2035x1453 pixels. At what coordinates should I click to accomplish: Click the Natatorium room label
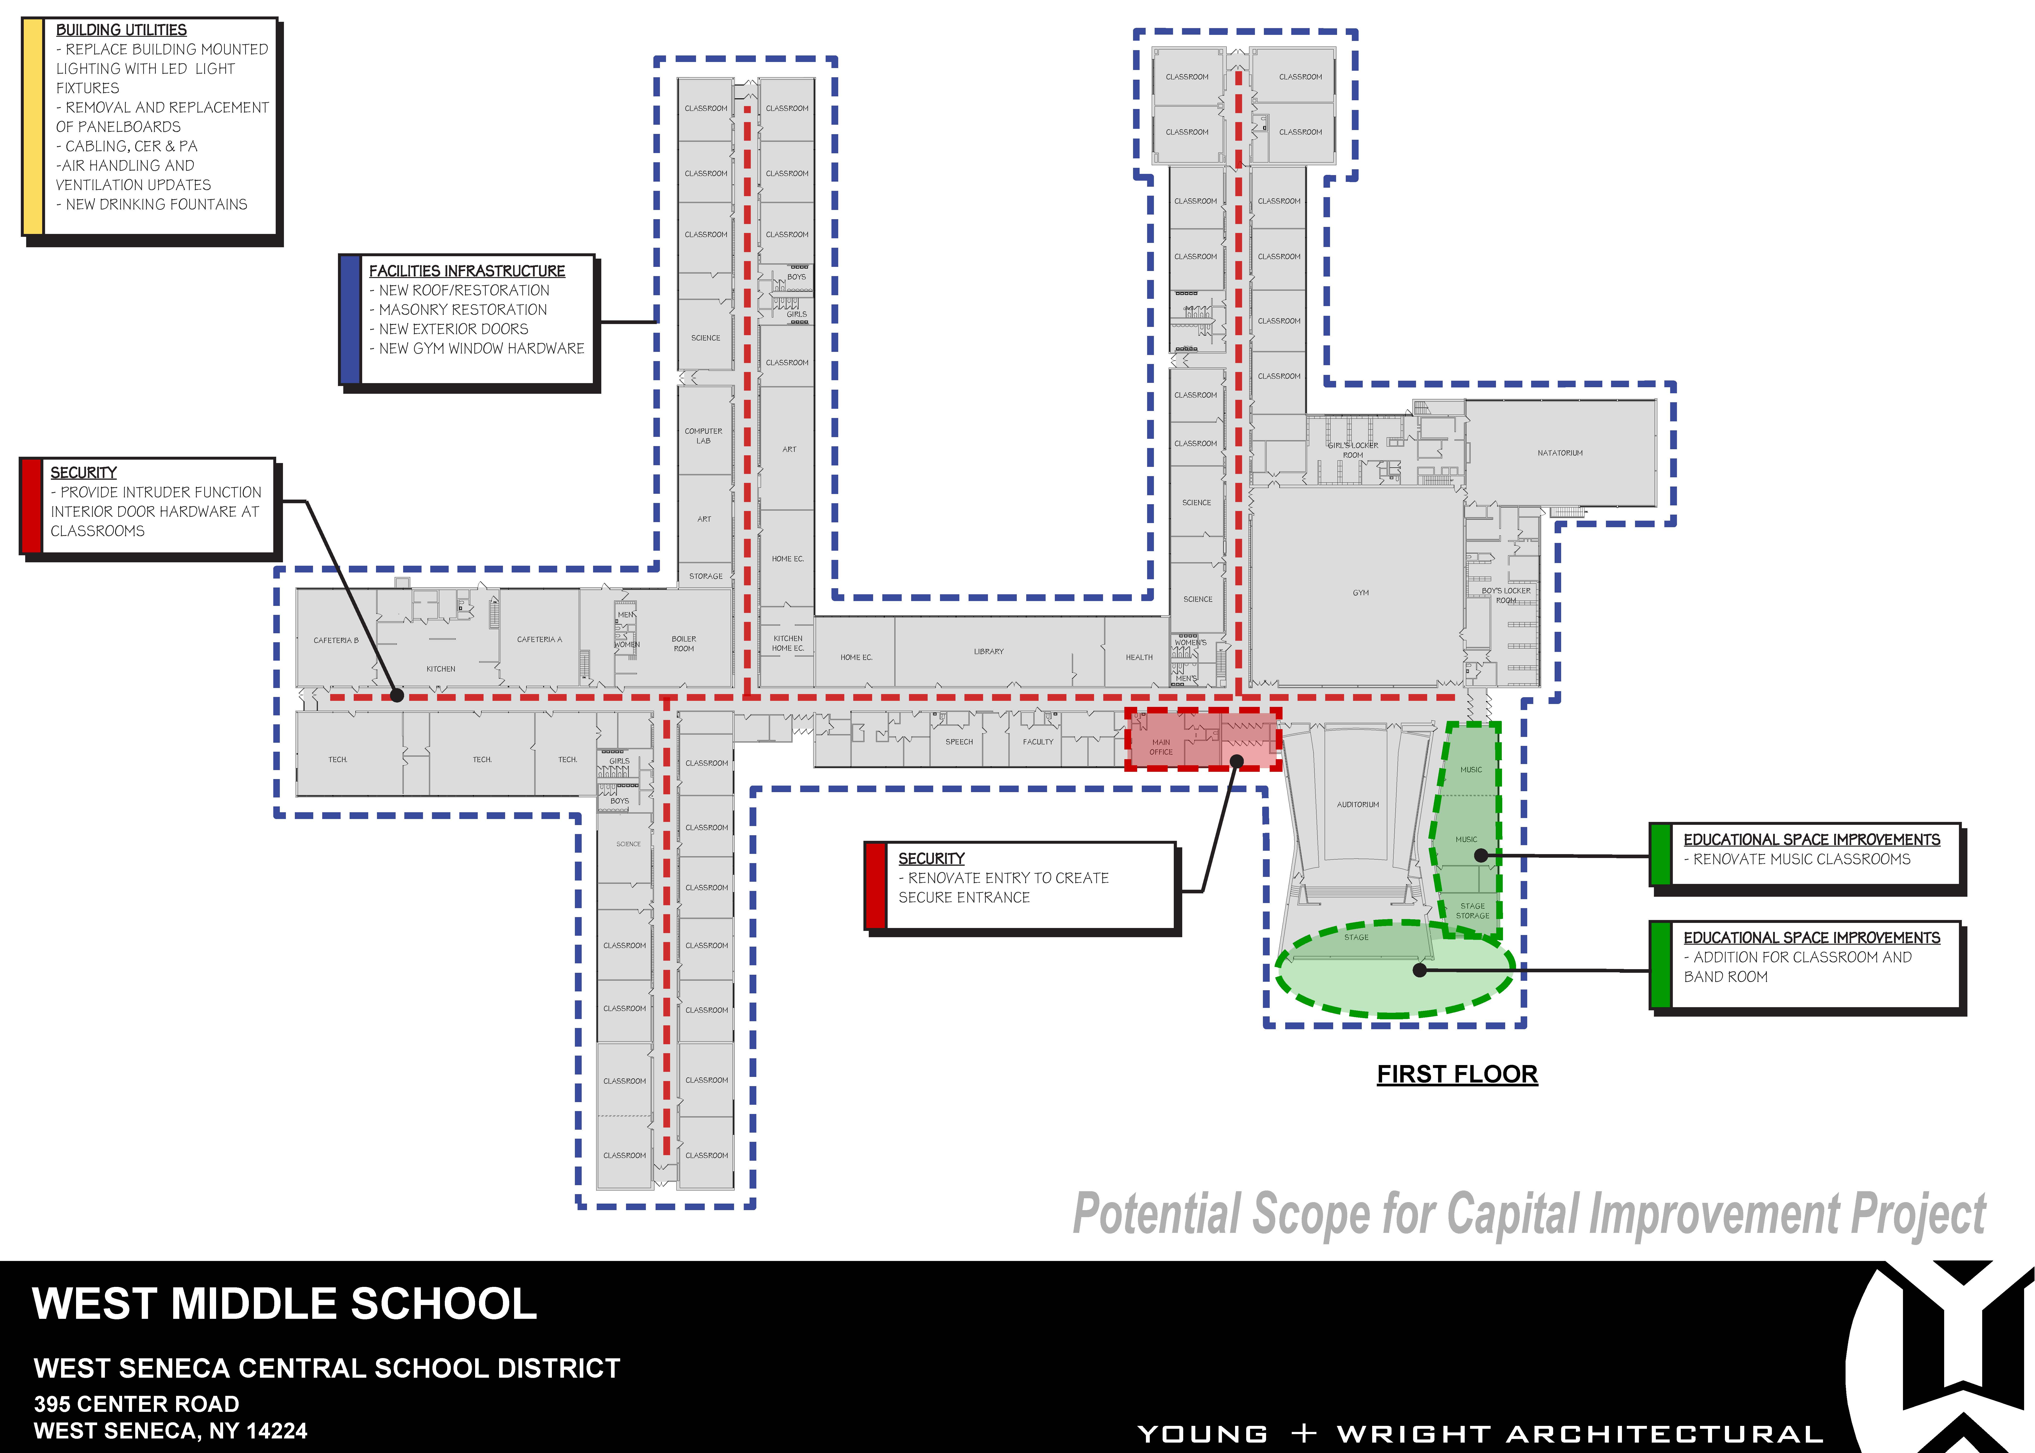click(1560, 453)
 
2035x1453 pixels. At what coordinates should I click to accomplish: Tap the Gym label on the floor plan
click(1360, 592)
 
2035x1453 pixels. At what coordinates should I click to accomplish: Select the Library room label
click(989, 651)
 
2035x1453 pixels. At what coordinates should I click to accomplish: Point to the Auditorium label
click(1358, 804)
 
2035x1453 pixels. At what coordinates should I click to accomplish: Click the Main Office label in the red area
click(1161, 747)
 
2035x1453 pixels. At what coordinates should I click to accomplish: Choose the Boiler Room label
click(684, 643)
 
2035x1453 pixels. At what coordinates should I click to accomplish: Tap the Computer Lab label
click(703, 436)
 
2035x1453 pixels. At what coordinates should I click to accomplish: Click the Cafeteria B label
click(336, 641)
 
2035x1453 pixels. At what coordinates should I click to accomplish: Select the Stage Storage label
click(1472, 911)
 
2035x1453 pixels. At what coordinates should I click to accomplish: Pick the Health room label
click(1139, 658)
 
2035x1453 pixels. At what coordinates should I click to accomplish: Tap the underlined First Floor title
click(1457, 1074)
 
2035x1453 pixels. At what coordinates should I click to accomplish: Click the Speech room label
click(959, 742)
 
